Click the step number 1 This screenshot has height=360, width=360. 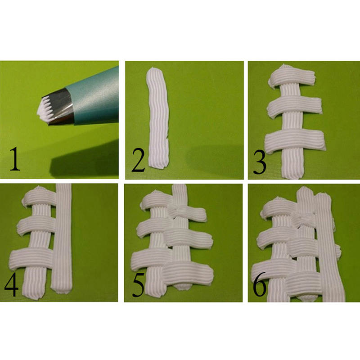[15, 159]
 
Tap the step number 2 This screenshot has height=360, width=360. [139, 160]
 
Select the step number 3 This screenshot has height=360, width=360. [260, 162]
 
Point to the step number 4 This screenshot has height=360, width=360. [12, 285]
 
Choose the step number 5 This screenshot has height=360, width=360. [139, 285]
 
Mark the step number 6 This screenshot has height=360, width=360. [260, 284]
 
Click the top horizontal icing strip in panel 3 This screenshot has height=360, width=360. [292, 77]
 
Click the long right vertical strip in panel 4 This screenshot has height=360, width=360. [62, 239]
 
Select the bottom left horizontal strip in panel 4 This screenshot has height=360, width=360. [32, 259]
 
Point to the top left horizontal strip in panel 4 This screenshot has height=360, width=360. [39, 197]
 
